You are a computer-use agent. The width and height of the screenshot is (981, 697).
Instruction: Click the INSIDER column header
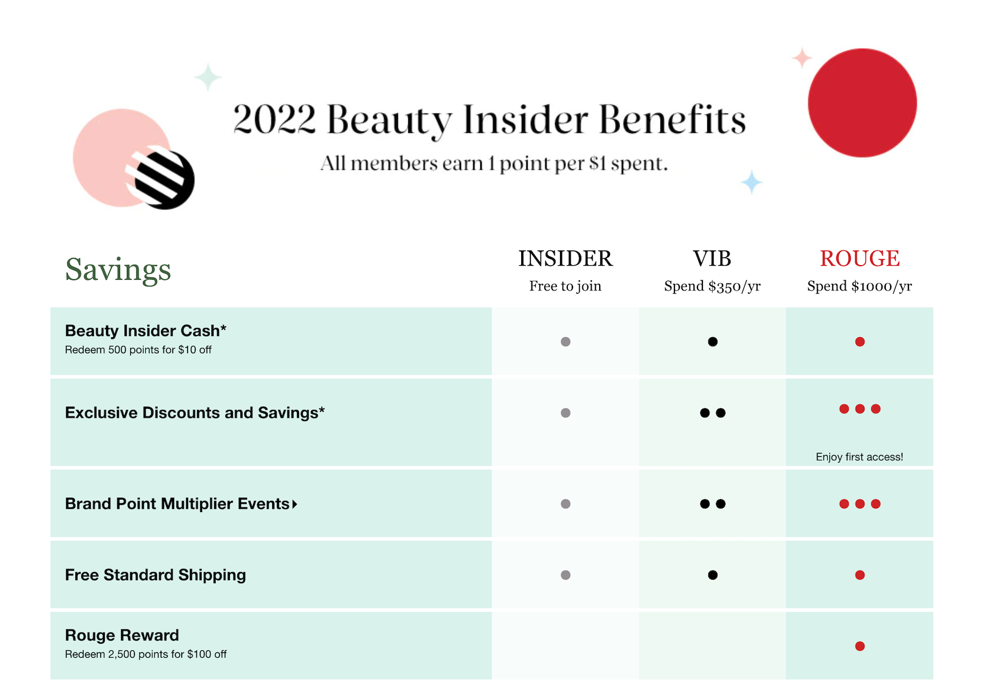[x=565, y=259]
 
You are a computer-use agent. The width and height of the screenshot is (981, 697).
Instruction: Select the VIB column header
[x=712, y=259]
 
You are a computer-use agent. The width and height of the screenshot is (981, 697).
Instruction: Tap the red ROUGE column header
[x=859, y=259]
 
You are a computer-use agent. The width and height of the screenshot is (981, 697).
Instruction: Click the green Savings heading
[x=118, y=270]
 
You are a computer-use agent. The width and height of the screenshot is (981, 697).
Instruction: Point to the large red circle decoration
[x=862, y=103]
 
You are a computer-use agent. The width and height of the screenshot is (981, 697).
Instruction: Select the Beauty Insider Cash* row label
[x=146, y=330]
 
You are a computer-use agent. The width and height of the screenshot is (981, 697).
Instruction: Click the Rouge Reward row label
[x=122, y=635]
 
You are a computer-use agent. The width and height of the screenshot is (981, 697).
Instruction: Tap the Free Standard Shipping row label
[x=155, y=575]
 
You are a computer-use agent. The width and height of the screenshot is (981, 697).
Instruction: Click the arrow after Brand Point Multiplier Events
[x=295, y=504]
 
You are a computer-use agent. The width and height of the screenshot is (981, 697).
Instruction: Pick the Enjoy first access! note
[x=859, y=457]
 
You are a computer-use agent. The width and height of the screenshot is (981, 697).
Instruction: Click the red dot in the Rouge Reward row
[x=860, y=646]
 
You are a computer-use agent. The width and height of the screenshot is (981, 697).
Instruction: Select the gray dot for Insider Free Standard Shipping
[x=565, y=575]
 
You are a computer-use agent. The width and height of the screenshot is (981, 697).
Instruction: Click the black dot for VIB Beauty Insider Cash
[x=713, y=342]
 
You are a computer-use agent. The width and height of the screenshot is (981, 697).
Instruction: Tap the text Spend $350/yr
[x=712, y=286]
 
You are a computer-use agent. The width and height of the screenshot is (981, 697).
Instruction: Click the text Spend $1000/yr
[x=859, y=286]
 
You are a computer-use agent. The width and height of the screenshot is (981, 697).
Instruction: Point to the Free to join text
[x=565, y=286]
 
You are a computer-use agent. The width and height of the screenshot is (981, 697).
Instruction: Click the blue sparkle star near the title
[x=751, y=182]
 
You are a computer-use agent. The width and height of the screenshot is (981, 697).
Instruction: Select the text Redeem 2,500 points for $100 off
[x=146, y=654]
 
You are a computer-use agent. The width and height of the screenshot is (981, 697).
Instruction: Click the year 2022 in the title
[x=274, y=119]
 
